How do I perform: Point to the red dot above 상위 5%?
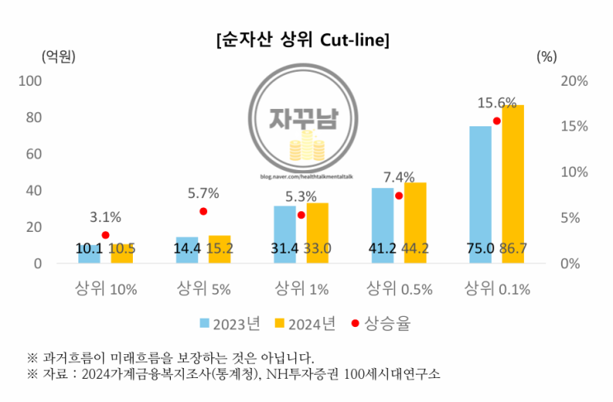[203, 211]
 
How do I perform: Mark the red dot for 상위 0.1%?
[497, 121]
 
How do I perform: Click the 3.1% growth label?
[105, 218]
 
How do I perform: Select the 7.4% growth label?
[398, 177]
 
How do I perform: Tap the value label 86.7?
[514, 248]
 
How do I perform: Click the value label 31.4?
[285, 248]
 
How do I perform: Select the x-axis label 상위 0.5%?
[398, 289]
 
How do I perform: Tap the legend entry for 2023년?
[229, 324]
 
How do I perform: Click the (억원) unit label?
[59, 56]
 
